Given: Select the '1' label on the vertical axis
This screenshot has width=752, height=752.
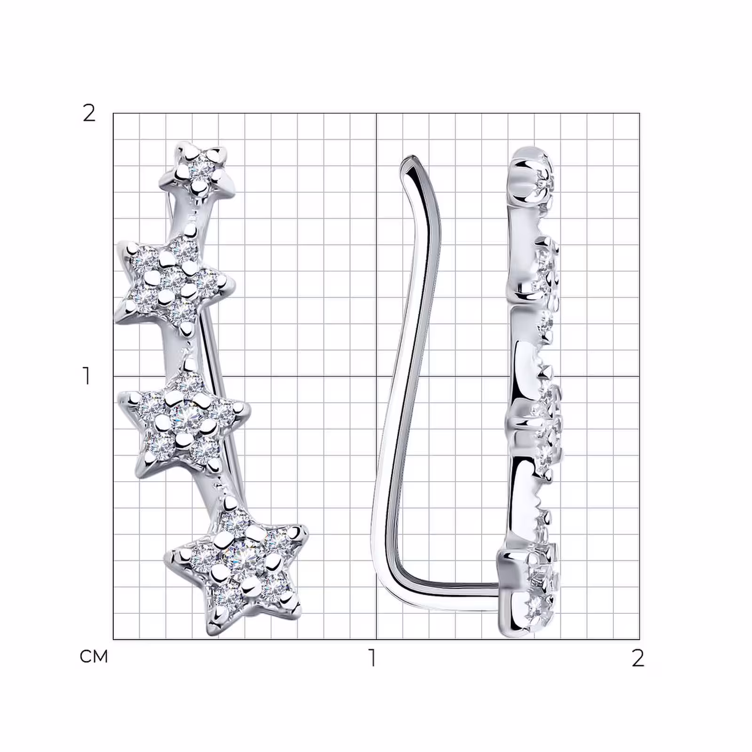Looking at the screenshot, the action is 86,376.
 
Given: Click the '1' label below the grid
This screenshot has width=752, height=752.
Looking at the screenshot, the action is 373,658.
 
